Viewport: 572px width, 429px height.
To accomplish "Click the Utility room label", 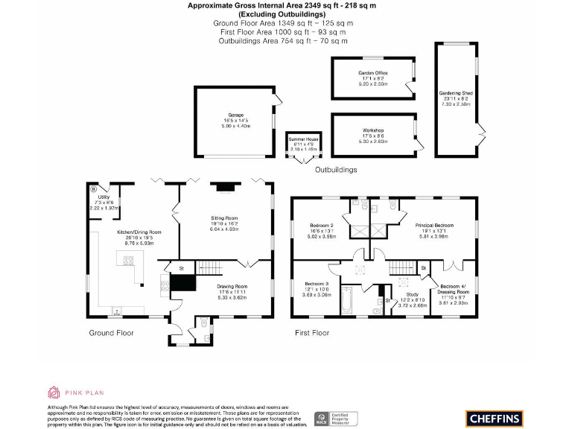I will [x=104, y=202].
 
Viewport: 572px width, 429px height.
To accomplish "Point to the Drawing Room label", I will [x=232, y=290].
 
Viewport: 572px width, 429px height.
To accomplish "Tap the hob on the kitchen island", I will [x=127, y=261].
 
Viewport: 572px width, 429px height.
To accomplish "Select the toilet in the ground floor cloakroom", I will [x=203, y=323].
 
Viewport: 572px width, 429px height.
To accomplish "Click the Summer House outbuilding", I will [x=303, y=144].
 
